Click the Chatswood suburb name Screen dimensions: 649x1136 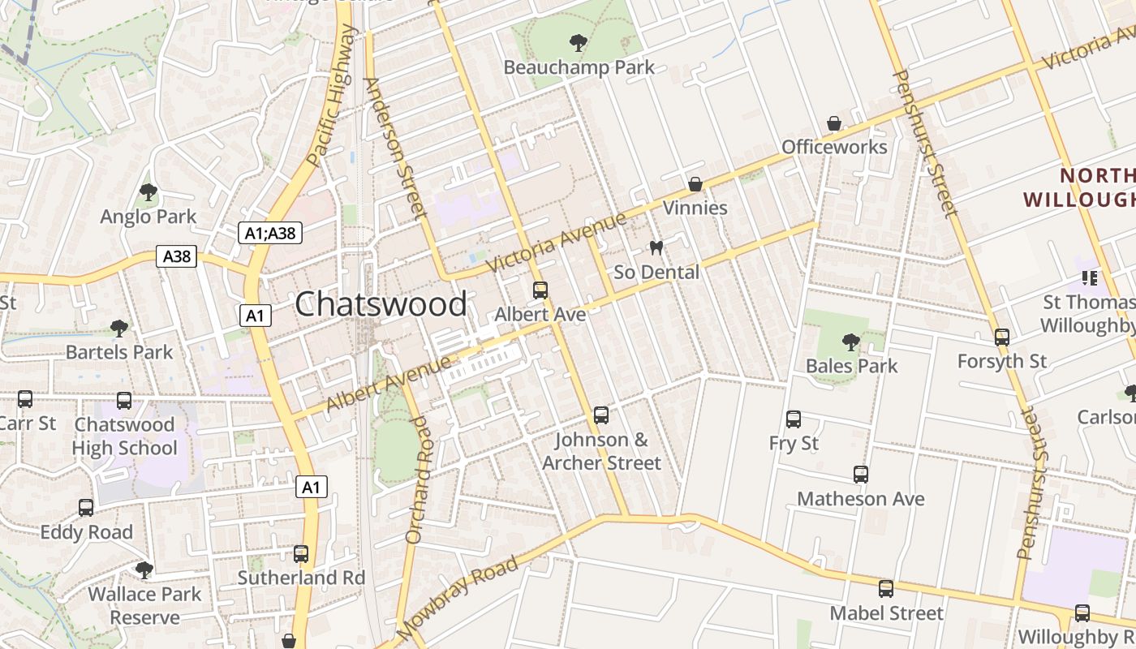381,304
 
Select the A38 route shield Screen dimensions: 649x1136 176,257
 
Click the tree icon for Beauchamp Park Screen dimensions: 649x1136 579,42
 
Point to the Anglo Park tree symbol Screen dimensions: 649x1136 148,192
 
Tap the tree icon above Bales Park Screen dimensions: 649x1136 850,342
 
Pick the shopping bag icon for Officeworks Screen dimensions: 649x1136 834,123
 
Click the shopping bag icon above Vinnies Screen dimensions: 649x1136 695,184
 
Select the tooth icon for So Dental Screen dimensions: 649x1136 656,247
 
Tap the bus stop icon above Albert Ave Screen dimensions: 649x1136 540,290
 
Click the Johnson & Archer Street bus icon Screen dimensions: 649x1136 601,415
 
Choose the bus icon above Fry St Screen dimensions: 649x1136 794,419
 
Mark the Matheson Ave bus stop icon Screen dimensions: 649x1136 861,475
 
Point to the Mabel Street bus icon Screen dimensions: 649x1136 886,589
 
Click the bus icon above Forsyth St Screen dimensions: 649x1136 1002,337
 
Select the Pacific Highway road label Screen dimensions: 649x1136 333,95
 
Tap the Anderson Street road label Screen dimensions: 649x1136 395,149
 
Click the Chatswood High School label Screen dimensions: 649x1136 124,436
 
